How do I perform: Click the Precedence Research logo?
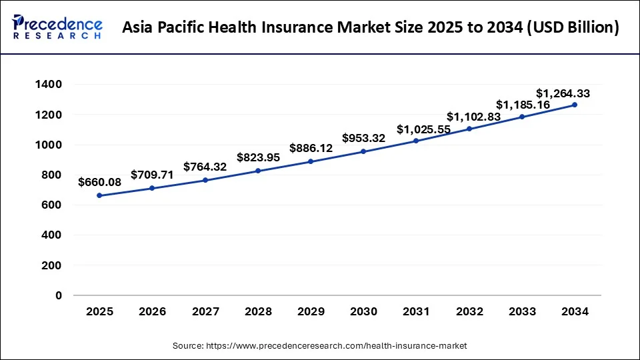(x=57, y=27)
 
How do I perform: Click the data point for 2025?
(x=99, y=195)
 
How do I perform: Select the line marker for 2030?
(x=363, y=151)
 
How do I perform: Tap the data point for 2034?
(x=574, y=105)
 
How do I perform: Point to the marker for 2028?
(x=258, y=171)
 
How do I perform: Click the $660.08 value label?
(x=99, y=181)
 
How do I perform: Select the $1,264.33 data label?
(x=563, y=93)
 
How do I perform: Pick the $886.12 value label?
(x=311, y=147)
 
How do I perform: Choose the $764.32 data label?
(x=205, y=167)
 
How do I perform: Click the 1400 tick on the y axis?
(x=49, y=85)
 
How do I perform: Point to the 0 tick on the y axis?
(x=58, y=295)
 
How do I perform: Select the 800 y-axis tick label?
(x=51, y=175)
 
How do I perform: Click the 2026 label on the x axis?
(x=152, y=311)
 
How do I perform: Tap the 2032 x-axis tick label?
(x=469, y=311)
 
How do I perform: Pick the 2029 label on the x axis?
(x=311, y=311)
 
